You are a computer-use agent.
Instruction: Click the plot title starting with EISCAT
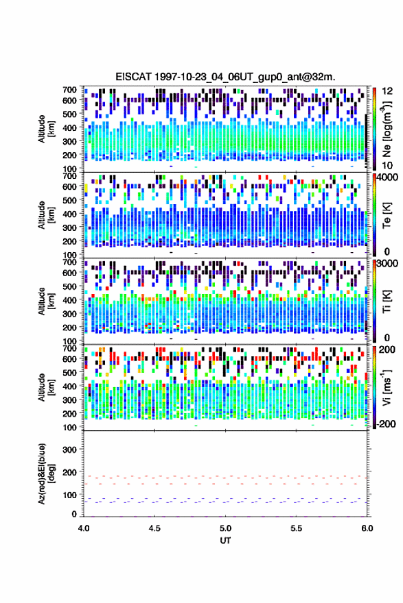coord(225,77)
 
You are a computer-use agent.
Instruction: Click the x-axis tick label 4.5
coord(154,528)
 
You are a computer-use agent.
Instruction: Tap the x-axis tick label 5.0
coord(225,528)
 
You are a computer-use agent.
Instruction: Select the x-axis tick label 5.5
coord(297,528)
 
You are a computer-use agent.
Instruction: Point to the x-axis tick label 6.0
coord(367,528)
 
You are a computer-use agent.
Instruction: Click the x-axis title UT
coord(225,541)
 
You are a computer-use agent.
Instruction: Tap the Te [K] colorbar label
coord(387,215)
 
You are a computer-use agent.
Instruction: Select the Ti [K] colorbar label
coord(387,301)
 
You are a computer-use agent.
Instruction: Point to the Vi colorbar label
coord(387,387)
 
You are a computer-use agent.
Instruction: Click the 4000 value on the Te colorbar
coord(388,178)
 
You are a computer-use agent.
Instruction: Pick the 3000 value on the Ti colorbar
coord(388,264)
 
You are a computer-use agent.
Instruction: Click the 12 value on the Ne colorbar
coord(387,91)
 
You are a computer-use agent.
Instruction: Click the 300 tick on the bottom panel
coord(70,450)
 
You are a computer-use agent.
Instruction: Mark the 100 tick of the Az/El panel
coord(70,495)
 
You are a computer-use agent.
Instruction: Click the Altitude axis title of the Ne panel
coord(46,129)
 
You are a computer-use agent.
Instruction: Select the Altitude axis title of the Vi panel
coord(46,387)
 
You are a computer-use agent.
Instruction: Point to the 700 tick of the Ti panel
coord(70,262)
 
